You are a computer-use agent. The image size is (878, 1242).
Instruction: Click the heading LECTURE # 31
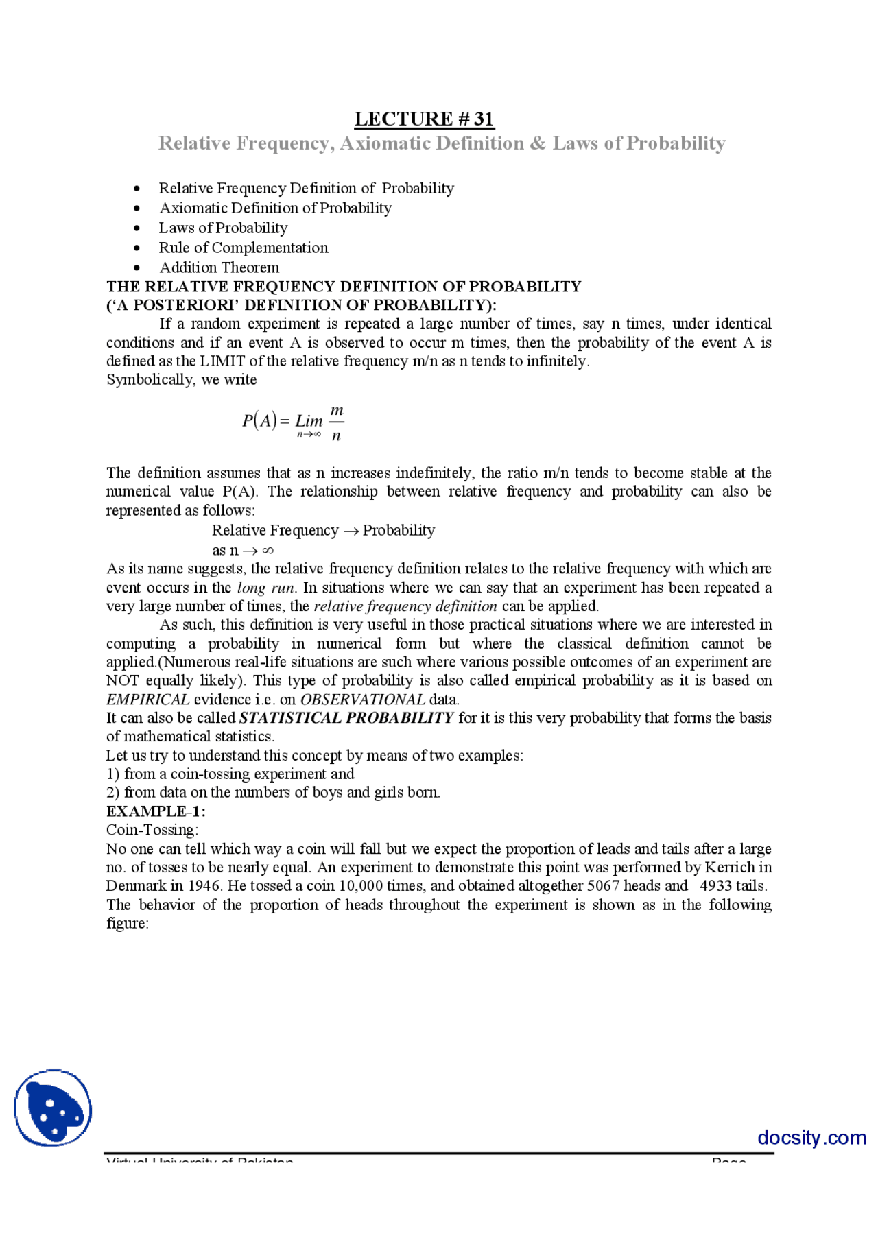point(424,119)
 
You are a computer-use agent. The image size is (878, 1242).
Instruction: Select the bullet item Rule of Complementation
point(244,248)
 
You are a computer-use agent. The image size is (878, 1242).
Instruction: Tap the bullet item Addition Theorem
point(219,267)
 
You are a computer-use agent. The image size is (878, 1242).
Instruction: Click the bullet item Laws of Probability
point(223,228)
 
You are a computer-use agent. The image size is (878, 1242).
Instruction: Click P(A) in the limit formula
point(259,420)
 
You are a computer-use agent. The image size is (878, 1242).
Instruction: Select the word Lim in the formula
point(309,421)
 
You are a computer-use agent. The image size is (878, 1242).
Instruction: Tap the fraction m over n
point(336,422)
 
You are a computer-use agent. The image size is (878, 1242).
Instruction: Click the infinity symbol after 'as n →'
point(268,551)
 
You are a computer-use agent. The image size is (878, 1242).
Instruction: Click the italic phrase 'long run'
point(266,588)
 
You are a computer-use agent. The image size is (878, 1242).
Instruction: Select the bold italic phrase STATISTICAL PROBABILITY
point(346,718)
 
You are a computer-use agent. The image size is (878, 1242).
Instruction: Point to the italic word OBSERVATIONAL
point(362,700)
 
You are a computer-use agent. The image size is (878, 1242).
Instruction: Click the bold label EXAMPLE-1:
point(156,811)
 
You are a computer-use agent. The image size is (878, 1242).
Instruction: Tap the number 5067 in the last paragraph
point(603,886)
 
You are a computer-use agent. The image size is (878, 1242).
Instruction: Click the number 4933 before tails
point(715,886)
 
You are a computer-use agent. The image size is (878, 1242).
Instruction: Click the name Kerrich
point(729,868)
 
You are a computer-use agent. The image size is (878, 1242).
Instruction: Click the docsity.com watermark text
point(811,1138)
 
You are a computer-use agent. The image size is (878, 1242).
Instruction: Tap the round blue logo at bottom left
point(53,1108)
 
